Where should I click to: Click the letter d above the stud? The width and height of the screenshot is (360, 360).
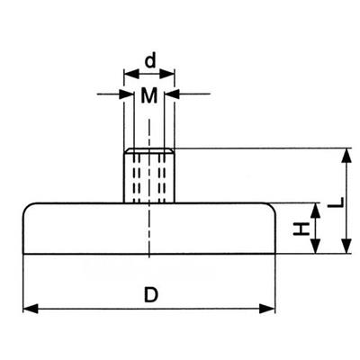click(x=150, y=61)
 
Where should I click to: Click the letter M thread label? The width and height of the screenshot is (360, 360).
click(x=149, y=96)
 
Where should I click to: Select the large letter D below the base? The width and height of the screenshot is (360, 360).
click(x=150, y=294)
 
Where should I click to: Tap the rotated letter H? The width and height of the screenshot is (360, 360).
click(x=301, y=229)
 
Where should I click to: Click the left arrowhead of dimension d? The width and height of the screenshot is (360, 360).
click(x=131, y=74)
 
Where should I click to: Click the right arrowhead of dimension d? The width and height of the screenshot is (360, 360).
click(x=167, y=74)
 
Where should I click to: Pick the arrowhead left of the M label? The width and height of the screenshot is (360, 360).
click(x=126, y=94)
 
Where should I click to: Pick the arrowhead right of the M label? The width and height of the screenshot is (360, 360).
click(x=172, y=94)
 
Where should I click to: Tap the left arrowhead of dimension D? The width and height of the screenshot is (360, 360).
click(x=31, y=309)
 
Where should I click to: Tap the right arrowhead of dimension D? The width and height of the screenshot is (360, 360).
click(x=267, y=309)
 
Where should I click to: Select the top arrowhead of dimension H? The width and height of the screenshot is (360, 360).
click(x=315, y=211)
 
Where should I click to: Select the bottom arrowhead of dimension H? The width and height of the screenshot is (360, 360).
click(x=315, y=247)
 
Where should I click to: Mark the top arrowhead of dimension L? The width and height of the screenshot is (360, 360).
click(x=346, y=156)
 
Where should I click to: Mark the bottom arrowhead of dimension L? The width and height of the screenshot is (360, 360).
click(x=346, y=247)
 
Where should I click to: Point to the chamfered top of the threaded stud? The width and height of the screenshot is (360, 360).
click(x=149, y=150)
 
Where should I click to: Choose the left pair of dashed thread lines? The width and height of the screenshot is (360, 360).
click(x=137, y=178)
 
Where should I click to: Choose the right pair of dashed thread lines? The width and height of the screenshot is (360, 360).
click(x=162, y=178)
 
